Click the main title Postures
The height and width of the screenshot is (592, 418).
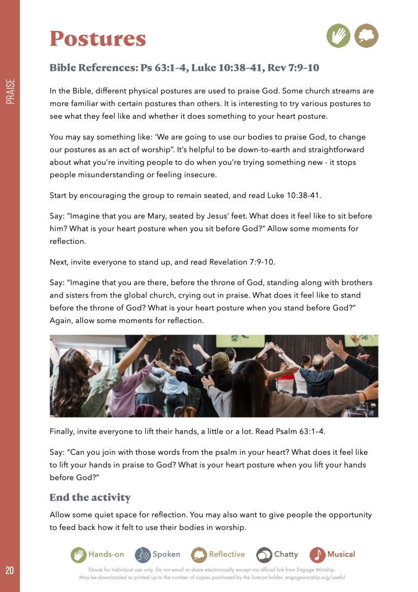[98, 38]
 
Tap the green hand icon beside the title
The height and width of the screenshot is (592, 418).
[338, 36]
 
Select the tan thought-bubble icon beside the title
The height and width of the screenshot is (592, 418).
[366, 36]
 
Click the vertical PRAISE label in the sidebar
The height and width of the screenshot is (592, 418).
[10, 91]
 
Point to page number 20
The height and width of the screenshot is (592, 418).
[10, 571]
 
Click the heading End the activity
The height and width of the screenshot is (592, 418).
[90, 497]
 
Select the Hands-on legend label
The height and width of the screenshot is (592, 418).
[106, 554]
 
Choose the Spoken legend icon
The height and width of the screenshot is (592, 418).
[142, 555]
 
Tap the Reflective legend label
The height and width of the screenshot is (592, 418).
[227, 554]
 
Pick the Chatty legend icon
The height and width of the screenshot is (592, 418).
[264, 555]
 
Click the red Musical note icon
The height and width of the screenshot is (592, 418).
[317, 555]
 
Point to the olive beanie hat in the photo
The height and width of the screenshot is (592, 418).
[220, 360]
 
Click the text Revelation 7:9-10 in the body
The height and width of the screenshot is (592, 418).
[242, 262]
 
